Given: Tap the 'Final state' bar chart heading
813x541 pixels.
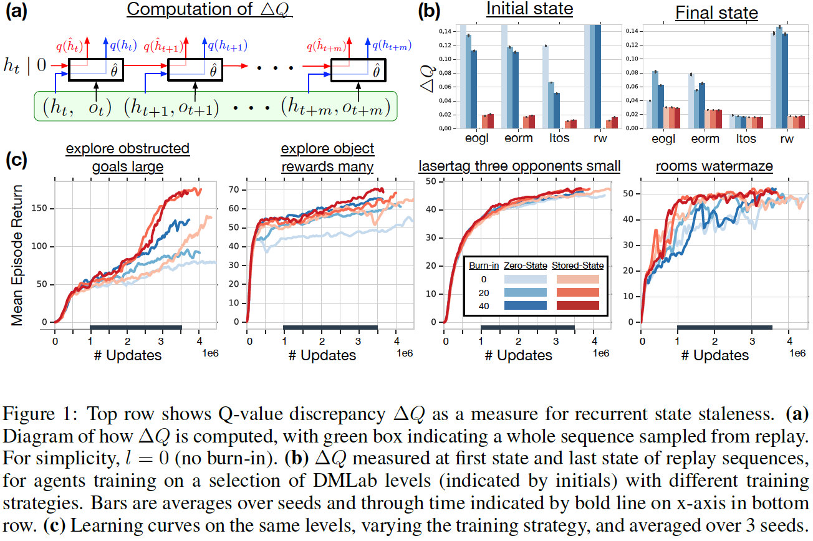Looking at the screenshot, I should [x=716, y=12].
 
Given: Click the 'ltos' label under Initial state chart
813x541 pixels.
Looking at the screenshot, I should [x=559, y=138].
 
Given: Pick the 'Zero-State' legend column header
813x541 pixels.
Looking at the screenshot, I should [x=525, y=266].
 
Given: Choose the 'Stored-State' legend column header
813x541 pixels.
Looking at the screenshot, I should [x=578, y=266].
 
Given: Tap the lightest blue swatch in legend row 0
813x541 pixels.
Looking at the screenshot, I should [x=525, y=279].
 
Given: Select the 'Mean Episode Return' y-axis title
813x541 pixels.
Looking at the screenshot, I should [x=17, y=255].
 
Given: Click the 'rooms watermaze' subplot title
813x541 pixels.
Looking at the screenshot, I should [x=714, y=166].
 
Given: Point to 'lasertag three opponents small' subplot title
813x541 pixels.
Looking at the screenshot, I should [x=519, y=166].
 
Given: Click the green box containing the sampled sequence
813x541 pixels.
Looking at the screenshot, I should [x=216, y=107].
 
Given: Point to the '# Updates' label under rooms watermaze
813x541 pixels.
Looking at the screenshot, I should [x=714, y=355].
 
